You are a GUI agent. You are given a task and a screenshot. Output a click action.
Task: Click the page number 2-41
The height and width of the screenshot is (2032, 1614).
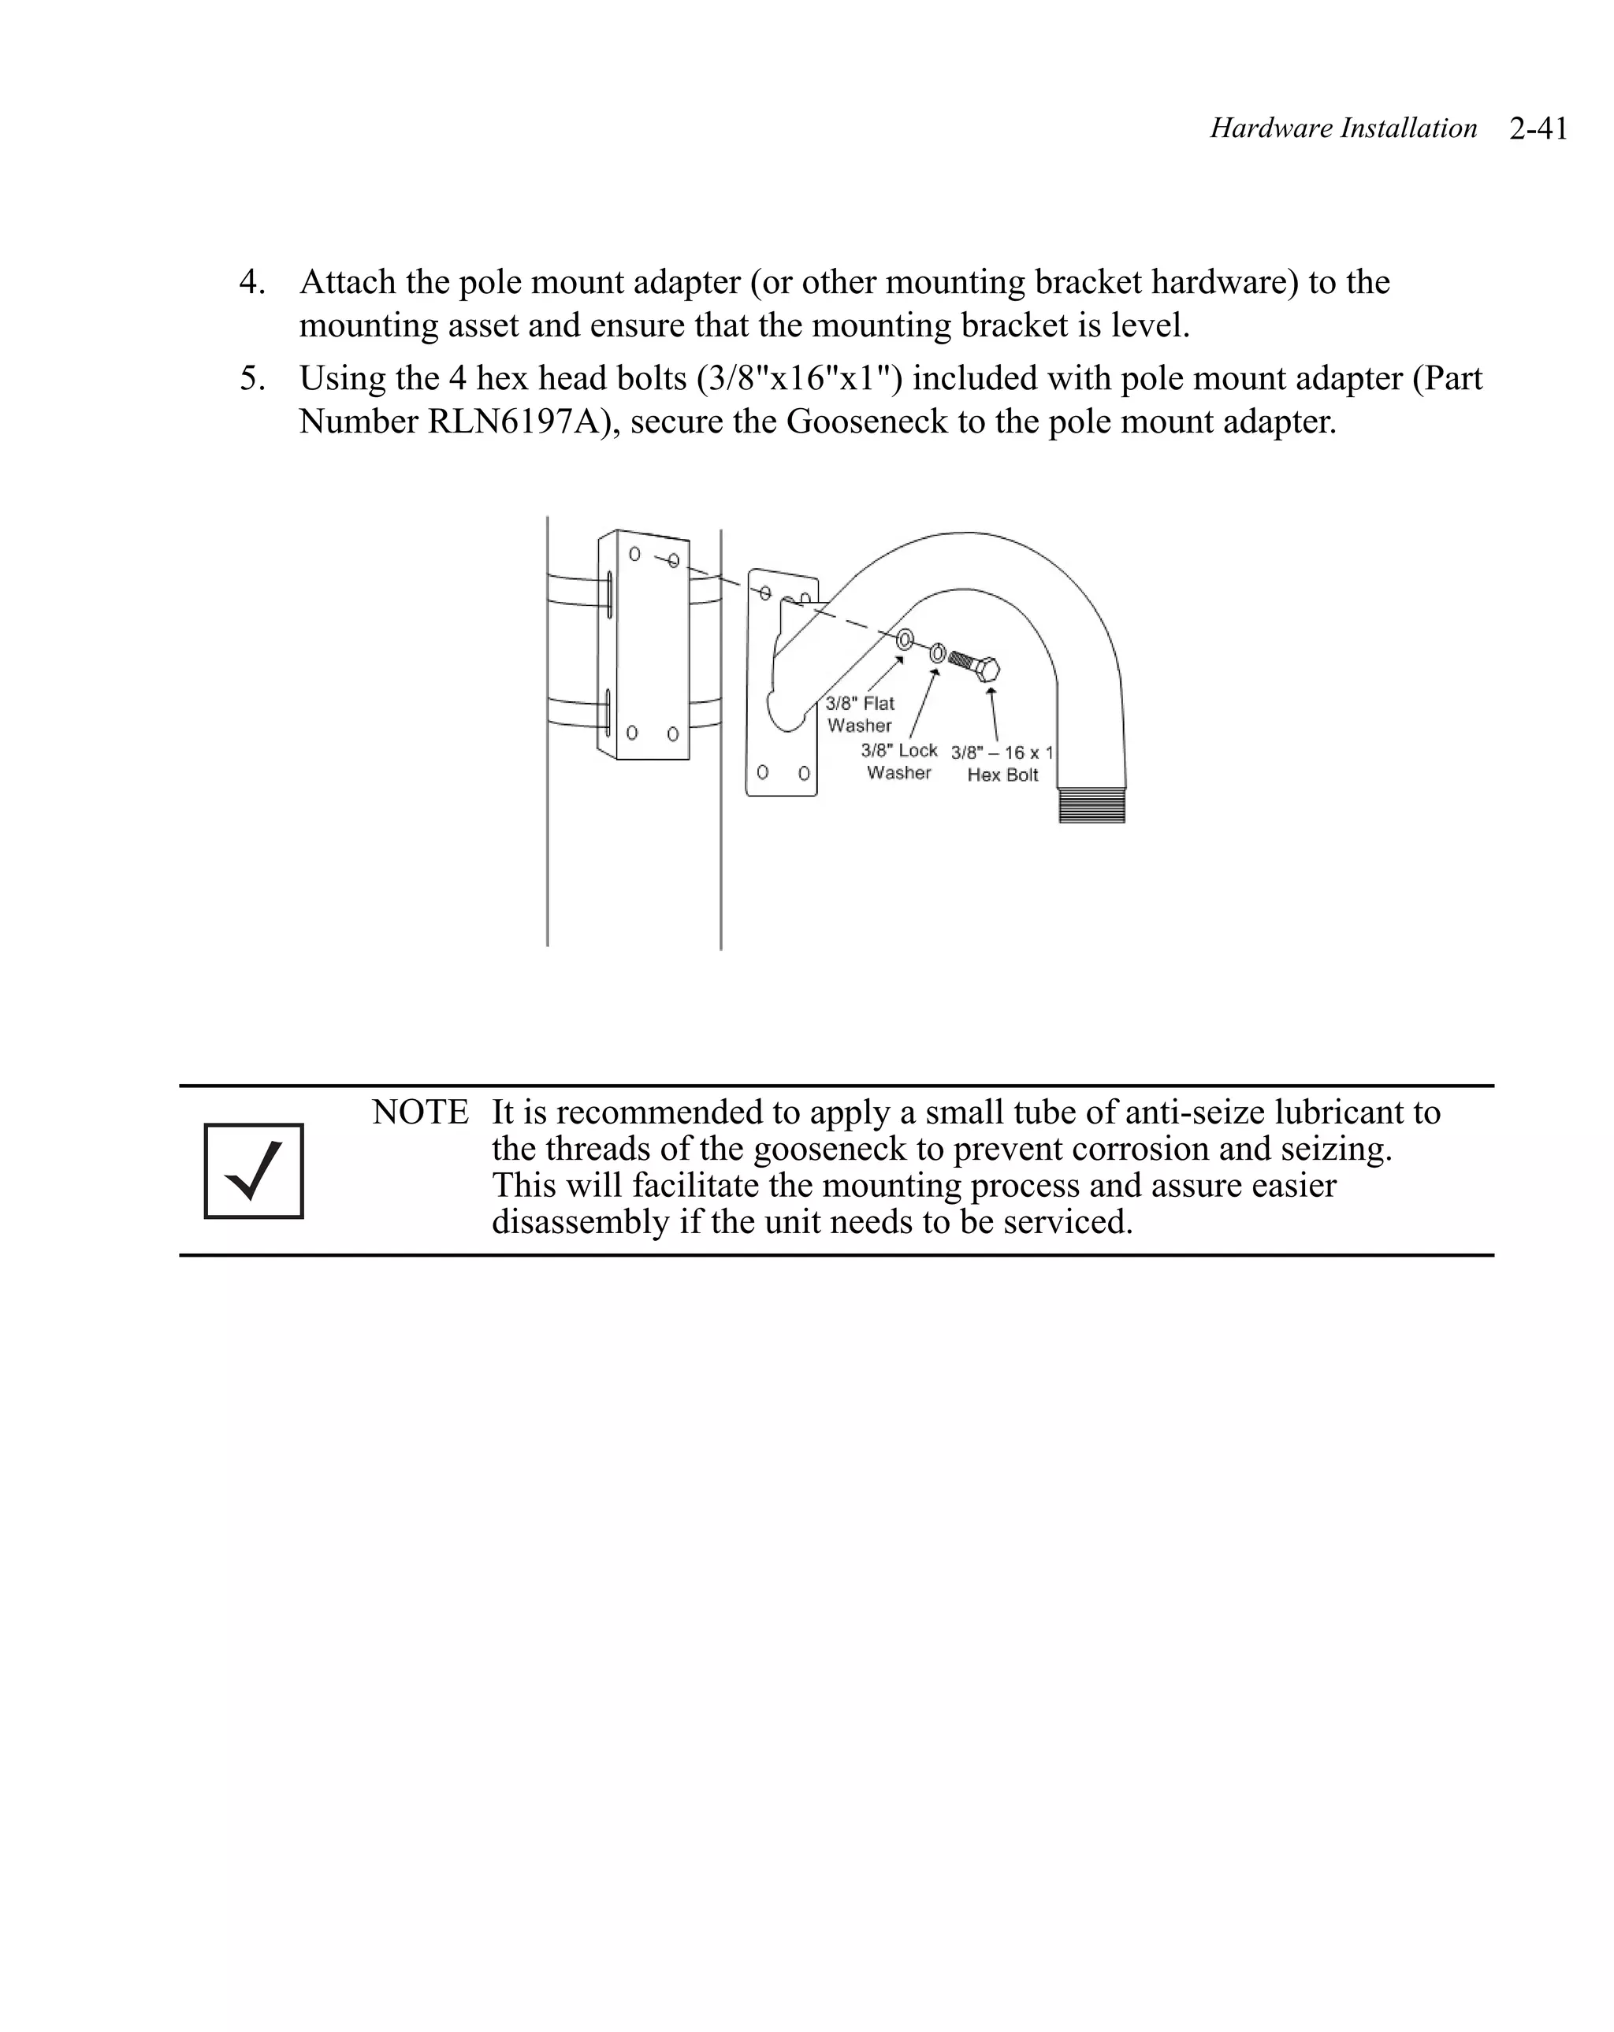click(1538, 128)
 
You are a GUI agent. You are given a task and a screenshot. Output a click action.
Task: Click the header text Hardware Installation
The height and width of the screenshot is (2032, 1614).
click(1342, 128)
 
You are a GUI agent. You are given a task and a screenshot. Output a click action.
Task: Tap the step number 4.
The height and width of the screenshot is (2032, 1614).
click(251, 282)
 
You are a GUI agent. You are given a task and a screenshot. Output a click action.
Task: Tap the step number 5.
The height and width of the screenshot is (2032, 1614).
click(251, 378)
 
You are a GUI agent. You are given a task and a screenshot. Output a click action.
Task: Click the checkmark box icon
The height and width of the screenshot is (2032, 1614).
click(254, 1171)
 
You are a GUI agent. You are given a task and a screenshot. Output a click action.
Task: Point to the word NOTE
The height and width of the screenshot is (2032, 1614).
click(419, 1113)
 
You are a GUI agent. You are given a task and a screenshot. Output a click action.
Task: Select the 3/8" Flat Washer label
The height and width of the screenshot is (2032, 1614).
click(859, 715)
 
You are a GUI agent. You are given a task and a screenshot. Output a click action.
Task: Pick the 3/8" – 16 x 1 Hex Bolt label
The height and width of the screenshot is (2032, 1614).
click(1001, 763)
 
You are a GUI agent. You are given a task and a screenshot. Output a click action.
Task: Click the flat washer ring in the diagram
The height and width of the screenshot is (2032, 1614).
click(904, 640)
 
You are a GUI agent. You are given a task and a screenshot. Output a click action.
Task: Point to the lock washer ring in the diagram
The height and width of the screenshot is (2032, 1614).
click(937, 652)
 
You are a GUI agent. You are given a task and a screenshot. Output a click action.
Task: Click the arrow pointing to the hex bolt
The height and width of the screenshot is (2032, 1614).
click(993, 715)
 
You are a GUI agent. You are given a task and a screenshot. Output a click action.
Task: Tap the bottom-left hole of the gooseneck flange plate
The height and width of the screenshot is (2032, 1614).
click(763, 772)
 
